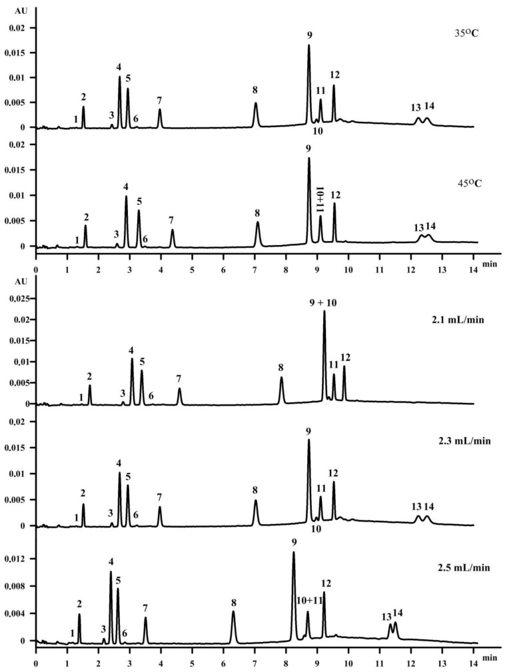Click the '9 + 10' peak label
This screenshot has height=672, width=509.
324,302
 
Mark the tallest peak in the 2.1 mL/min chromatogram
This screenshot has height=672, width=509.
324,312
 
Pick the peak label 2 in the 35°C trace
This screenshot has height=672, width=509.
84,97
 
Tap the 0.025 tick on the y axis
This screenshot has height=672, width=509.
14,299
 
